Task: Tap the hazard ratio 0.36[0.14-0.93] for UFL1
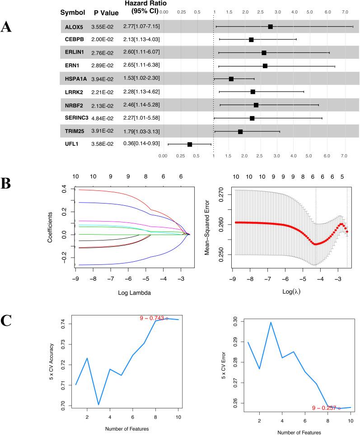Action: pos(141,144)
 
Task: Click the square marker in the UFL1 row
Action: pos(190,144)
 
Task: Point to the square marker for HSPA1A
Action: pos(231,79)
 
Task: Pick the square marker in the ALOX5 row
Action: pos(270,27)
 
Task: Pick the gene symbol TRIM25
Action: pos(74,131)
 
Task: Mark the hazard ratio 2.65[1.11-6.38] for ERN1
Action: pos(141,66)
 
